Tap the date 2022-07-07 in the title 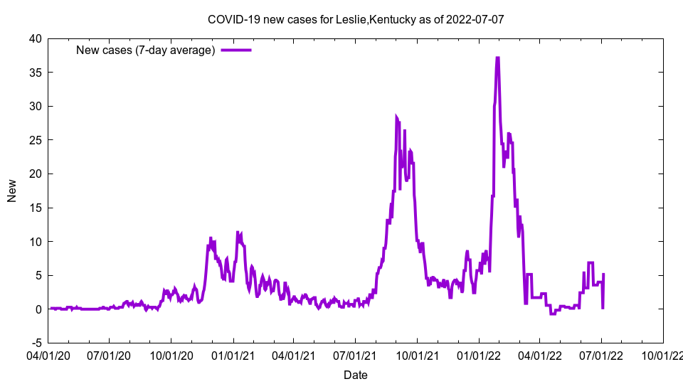pyautogui.click(x=477, y=19)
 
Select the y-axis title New pyautogui.click(x=12, y=191)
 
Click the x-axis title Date pyautogui.click(x=356, y=375)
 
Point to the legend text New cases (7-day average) pyautogui.click(x=146, y=50)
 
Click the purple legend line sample pyautogui.click(x=236, y=50)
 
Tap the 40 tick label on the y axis pyautogui.click(x=35, y=38)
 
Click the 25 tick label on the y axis pyautogui.click(x=35, y=140)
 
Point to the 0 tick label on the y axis pyautogui.click(x=38, y=309)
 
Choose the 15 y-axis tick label pyautogui.click(x=35, y=208)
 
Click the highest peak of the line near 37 pyautogui.click(x=497, y=58)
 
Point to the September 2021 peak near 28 pyautogui.click(x=396, y=116)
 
